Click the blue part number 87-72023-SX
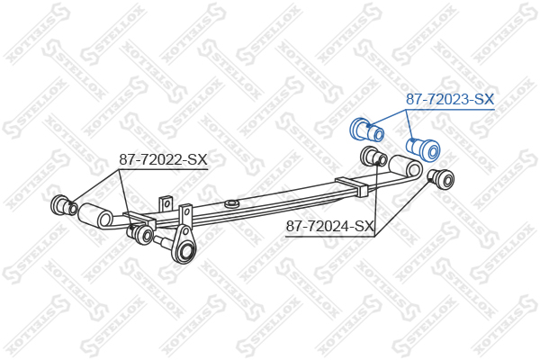pyautogui.click(x=450, y=99)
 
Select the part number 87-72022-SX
pyautogui.click(x=163, y=159)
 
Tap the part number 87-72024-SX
pyautogui.click(x=330, y=226)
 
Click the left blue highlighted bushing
pyautogui.click(x=367, y=130)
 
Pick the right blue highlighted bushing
pyautogui.click(x=423, y=148)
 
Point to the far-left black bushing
pyautogui.click(x=65, y=206)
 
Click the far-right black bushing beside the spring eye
pyautogui.click(x=441, y=178)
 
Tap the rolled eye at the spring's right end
pyautogui.click(x=407, y=167)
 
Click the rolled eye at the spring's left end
pyautogui.click(x=95, y=216)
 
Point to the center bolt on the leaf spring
pyautogui.click(x=231, y=203)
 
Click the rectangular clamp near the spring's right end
pyautogui.click(x=352, y=186)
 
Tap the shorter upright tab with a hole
pyautogui.click(x=166, y=204)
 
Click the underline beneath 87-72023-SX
pyautogui.click(x=450, y=110)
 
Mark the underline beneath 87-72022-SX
pyautogui.click(x=163, y=169)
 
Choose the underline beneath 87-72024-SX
pyautogui.click(x=330, y=237)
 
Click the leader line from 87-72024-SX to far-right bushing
pyautogui.click(x=403, y=208)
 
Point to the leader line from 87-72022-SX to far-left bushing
pyautogui.click(x=94, y=186)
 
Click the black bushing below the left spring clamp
pyautogui.click(x=140, y=232)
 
